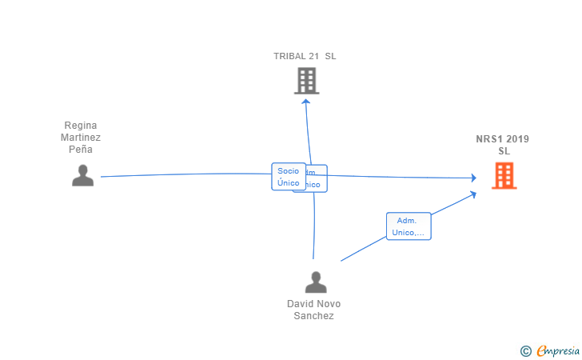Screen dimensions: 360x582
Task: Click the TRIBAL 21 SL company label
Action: [305, 56]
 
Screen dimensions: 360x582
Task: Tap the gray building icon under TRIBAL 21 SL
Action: [306, 81]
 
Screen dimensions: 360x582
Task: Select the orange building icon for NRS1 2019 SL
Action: [504, 175]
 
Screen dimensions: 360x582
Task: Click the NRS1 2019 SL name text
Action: [502, 145]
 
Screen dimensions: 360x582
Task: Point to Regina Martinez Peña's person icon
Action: [82, 175]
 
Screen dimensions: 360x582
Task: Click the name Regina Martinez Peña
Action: [82, 138]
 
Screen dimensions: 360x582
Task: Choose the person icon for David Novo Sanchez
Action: [316, 282]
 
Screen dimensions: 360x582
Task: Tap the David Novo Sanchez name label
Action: [313, 310]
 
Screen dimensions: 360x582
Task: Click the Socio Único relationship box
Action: [288, 177]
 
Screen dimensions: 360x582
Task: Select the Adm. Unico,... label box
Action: [409, 226]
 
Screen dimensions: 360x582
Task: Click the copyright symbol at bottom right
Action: [525, 350]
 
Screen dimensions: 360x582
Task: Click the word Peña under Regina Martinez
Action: [82, 149]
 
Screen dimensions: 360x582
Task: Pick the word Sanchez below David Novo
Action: [313, 315]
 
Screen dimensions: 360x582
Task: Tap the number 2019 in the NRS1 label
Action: [517, 139]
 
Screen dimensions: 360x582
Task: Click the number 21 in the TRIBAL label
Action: [313, 56]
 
